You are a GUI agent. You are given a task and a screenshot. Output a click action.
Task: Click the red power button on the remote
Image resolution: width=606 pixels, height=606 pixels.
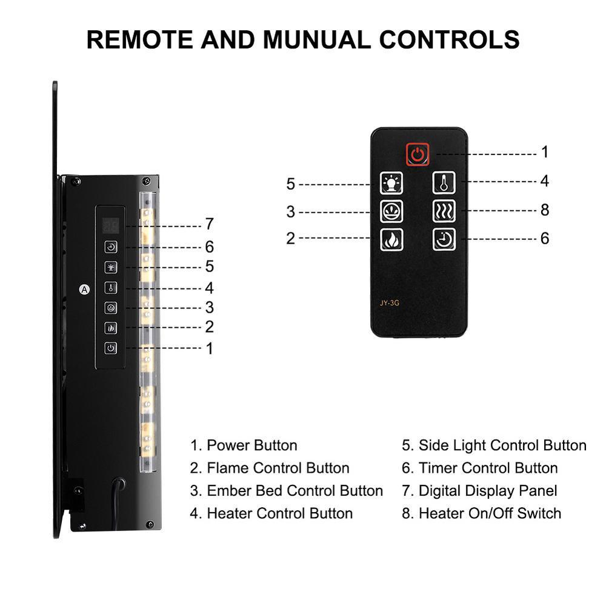pos(418,154)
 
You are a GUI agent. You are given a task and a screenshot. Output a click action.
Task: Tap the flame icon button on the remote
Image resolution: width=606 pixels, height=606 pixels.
pos(391,240)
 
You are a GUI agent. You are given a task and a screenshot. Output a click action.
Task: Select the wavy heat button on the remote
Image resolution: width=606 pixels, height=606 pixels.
pos(444,211)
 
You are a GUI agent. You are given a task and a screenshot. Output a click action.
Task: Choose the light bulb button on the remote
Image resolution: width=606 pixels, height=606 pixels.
pos(391,182)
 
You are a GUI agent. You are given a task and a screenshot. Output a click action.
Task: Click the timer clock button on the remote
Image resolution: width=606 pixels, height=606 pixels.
pos(444,239)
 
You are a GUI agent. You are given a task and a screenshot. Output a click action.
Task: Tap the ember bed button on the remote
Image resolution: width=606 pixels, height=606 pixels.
pos(391,211)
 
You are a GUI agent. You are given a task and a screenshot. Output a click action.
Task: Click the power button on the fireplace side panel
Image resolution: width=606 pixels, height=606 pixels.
pos(110,348)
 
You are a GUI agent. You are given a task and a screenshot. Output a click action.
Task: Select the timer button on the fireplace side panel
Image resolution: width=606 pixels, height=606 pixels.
pos(110,247)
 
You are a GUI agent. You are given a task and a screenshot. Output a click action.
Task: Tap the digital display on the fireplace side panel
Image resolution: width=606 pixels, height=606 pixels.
pos(110,225)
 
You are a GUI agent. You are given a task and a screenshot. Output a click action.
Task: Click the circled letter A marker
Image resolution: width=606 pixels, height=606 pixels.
pos(84,289)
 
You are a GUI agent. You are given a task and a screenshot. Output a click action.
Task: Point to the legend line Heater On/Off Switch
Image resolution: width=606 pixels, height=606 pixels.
pos(481,513)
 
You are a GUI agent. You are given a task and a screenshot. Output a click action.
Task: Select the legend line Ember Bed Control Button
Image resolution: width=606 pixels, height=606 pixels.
pos(286,490)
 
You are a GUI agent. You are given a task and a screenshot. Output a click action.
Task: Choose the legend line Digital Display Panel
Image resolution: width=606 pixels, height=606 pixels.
pos(479,490)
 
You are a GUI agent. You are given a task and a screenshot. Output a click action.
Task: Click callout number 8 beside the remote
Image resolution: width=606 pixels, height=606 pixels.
pos(544,210)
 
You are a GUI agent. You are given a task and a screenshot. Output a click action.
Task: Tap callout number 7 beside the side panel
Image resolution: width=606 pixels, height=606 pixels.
pos(209,224)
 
